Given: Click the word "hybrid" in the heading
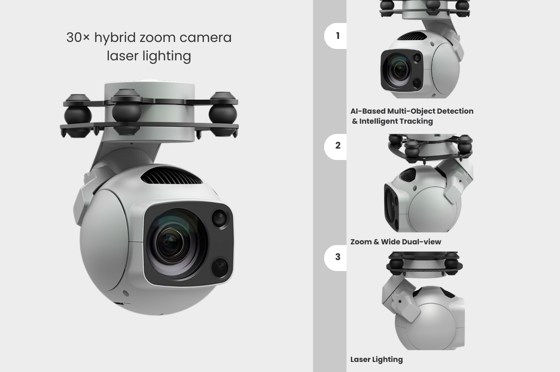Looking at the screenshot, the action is [115, 38].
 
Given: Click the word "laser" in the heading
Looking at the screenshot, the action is [122, 56].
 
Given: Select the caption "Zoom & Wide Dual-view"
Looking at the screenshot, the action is [395, 242].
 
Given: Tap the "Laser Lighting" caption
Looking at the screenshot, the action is [377, 359].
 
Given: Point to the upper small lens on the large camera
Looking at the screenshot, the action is [219, 218].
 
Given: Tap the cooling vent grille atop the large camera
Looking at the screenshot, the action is [171, 175].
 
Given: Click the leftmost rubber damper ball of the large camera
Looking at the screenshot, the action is [78, 116].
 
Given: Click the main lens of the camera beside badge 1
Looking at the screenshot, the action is [398, 70].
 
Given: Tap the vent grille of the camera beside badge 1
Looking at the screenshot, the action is [412, 36].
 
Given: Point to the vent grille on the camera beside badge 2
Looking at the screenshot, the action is [408, 174].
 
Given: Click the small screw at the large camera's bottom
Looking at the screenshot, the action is [126, 293].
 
